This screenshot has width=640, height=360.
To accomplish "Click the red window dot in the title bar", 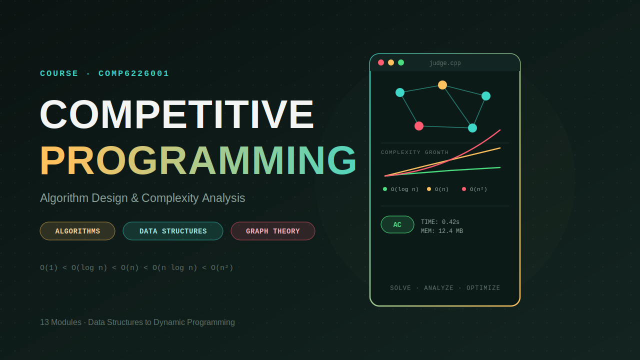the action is tap(381, 62).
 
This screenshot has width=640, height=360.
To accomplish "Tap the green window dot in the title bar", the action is tap(401, 62).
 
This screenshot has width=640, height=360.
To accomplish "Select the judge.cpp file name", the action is tap(445, 63).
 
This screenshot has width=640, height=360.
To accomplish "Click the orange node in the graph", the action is tap(442, 85).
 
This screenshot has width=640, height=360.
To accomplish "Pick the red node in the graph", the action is tap(419, 125).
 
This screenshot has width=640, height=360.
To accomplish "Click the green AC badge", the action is tap(397, 224).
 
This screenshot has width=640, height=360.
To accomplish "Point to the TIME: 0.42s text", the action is tap(440, 222).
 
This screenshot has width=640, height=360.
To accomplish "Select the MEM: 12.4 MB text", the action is tap(441, 231).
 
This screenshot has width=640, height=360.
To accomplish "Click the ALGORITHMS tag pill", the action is tap(77, 231).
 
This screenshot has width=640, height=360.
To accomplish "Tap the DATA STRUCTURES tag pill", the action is tap(173, 231).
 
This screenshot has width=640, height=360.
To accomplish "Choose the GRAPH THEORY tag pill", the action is tap(273, 231).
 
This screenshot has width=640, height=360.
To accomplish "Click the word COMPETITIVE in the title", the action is tap(177, 114).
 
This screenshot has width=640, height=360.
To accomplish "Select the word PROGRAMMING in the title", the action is tap(198, 160).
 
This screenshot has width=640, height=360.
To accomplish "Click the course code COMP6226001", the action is tap(133, 73).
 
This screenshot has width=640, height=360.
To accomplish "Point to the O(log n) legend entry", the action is tap(400, 189).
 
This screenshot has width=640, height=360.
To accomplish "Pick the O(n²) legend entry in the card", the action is tap(474, 189).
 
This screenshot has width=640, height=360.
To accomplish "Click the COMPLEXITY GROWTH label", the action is tap(415, 152).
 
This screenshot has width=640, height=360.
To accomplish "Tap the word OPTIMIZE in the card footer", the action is tap(483, 288).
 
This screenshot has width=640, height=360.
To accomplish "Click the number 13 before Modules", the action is tap(44, 322).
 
